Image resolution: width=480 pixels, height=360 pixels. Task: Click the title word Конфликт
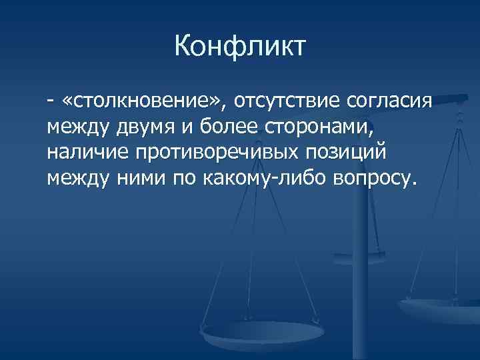coord(240,47)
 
